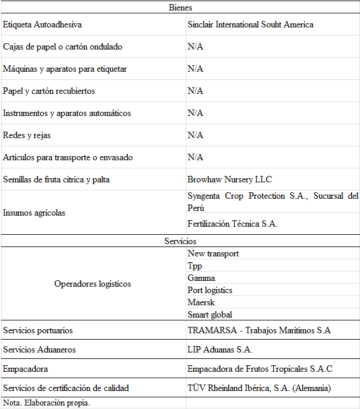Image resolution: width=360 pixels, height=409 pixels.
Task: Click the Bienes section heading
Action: [x=180, y=8]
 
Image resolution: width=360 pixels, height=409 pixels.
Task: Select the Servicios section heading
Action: [x=180, y=241]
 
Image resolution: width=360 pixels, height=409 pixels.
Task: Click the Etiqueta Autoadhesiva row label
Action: [x=42, y=25]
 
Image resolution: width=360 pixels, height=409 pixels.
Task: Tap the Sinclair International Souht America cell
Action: [x=250, y=24]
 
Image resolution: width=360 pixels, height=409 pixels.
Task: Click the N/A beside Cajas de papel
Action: [x=195, y=47]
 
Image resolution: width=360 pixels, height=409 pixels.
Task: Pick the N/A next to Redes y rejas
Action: [x=195, y=135]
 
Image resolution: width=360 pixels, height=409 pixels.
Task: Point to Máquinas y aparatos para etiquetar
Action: [x=65, y=69]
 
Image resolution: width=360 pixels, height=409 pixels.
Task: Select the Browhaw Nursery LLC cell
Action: [x=230, y=179]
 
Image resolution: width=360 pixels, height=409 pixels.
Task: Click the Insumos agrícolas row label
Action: [x=34, y=213]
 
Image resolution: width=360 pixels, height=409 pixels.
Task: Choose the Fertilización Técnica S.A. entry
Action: [x=232, y=224]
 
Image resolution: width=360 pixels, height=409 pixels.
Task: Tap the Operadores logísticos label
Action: [x=93, y=284]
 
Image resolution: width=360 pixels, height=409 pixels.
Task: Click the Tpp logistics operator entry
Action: [x=195, y=266]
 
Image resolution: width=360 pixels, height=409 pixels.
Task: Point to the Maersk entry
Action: [x=201, y=302]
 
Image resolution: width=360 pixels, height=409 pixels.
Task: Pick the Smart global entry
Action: [x=210, y=315]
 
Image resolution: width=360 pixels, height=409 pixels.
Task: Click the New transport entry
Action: [x=213, y=253]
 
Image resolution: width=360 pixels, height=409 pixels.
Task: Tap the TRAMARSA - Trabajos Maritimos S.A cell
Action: [x=259, y=330]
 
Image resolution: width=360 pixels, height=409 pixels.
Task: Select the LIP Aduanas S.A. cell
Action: [x=220, y=350]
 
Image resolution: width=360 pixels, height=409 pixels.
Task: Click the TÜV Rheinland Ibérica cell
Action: [x=259, y=387]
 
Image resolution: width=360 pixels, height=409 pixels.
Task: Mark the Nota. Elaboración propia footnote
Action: [x=47, y=403]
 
